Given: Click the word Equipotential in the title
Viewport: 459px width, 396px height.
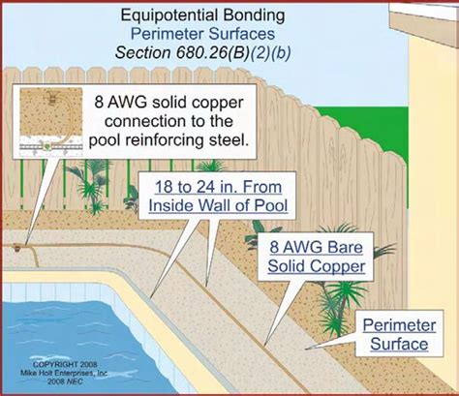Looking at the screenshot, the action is (x=171, y=15).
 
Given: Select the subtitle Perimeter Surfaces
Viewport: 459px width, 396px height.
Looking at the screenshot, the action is (x=202, y=34).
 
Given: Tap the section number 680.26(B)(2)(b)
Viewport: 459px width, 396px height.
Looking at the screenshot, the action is (x=233, y=52).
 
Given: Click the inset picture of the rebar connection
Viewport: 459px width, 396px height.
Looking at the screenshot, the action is (x=51, y=121).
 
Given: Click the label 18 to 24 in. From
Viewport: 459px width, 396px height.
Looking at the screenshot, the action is (x=218, y=187).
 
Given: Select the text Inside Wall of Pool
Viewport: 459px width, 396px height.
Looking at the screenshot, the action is (x=218, y=205).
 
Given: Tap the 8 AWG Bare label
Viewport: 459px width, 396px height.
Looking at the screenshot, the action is (x=317, y=248).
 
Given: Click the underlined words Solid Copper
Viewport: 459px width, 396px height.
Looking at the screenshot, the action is (x=317, y=266).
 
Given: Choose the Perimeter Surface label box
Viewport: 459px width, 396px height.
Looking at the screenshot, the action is (x=399, y=334).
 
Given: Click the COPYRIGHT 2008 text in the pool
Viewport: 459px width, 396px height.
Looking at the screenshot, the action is (x=65, y=364).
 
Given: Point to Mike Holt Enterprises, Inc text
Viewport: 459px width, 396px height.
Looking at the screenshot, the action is (x=64, y=373).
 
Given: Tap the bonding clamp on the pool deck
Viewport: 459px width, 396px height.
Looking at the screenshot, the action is (x=17, y=247).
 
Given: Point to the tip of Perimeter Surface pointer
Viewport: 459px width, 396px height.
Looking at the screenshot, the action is (x=306, y=349).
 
